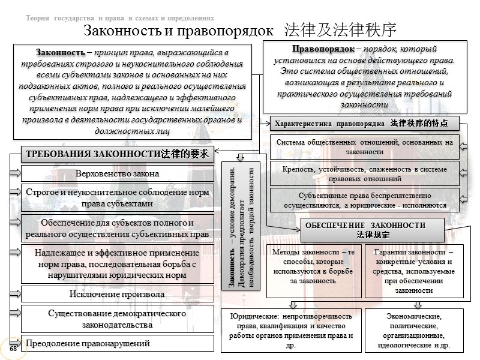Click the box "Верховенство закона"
pyautogui.click(x=118, y=174)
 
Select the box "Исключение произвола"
pyautogui.click(x=118, y=294)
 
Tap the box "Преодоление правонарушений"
pyautogui.click(x=118, y=343)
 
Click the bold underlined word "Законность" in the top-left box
pyautogui.click(x=52, y=52)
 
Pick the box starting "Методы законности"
pyautogui.click(x=313, y=266)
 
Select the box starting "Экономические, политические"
pyautogui.click(x=414, y=330)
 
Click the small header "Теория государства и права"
pyautogui.click(x=120, y=17)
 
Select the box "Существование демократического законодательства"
pyautogui.click(x=118, y=319)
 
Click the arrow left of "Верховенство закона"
pyautogui.click(x=14, y=174)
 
